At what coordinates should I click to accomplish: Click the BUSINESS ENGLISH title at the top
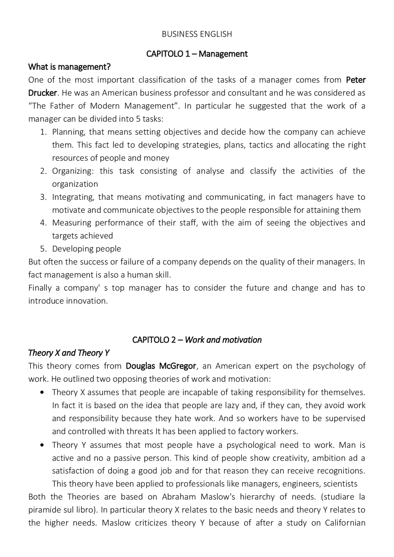pyautogui.click(x=197, y=34)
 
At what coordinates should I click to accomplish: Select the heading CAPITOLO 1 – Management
pyautogui.click(x=197, y=54)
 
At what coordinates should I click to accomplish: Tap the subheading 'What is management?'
pyautogui.click(x=69, y=67)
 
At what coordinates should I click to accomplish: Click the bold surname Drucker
pyautogui.click(x=42, y=93)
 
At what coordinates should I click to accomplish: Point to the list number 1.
pyautogui.click(x=43, y=132)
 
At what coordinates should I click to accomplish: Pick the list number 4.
pyautogui.click(x=43, y=223)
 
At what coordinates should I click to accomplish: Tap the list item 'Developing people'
pyautogui.click(x=86, y=249)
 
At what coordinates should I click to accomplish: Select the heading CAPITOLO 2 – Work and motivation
pyautogui.click(x=197, y=340)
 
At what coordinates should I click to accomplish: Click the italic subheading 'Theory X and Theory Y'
pyautogui.click(x=69, y=353)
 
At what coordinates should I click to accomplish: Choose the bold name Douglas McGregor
pyautogui.click(x=161, y=366)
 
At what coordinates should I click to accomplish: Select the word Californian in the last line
pyautogui.click(x=345, y=523)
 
